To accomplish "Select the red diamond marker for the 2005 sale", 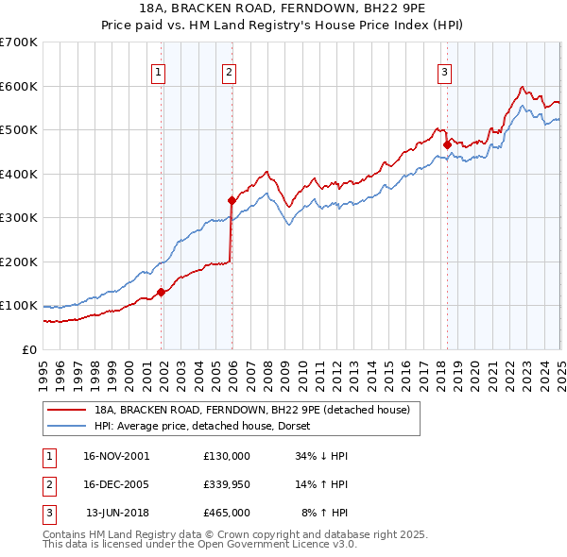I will tap(232, 200).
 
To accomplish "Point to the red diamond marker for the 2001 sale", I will tap(161, 292).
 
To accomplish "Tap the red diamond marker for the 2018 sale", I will tap(447, 144).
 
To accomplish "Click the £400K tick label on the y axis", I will tap(18, 174).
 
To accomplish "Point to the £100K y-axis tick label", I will tap(18, 306).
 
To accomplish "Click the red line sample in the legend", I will tap(66, 410).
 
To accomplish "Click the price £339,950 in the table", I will tap(226, 484).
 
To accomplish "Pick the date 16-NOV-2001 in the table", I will tap(116, 455).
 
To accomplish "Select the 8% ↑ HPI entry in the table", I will tap(324, 513).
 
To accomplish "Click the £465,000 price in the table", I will tap(226, 513).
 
